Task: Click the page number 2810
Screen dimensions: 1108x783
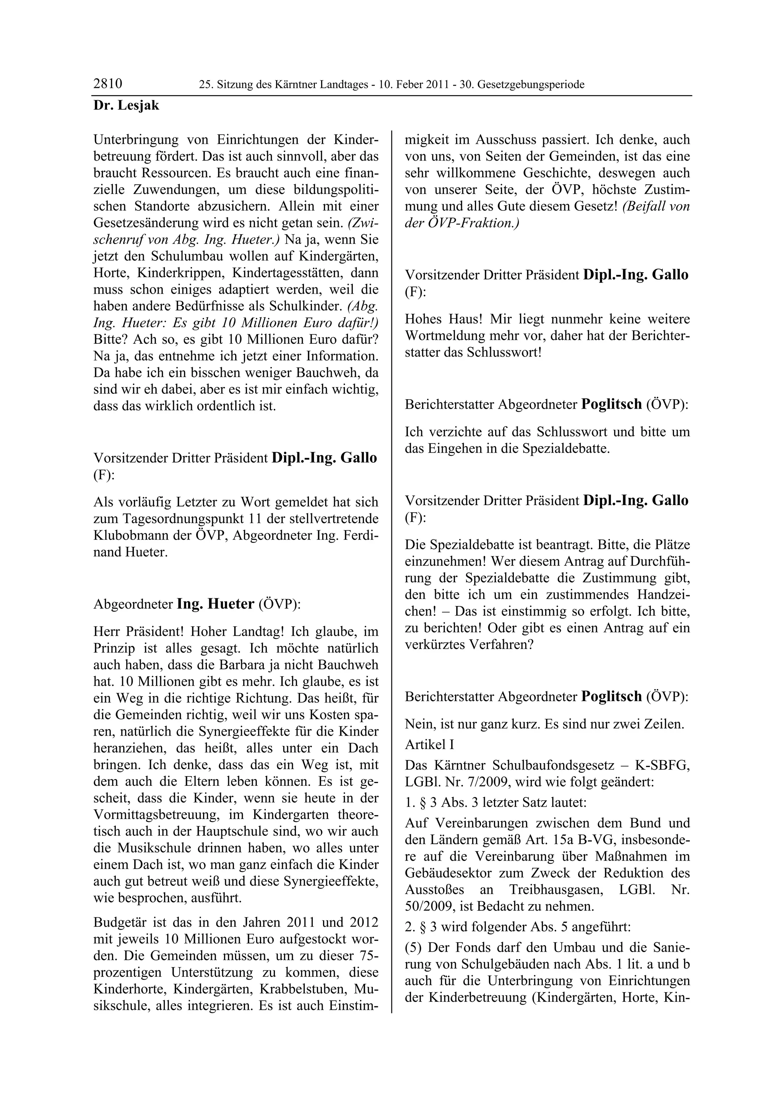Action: point(107,84)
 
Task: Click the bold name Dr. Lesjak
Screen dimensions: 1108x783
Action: point(126,105)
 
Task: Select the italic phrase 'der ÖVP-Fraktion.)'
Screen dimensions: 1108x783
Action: point(462,223)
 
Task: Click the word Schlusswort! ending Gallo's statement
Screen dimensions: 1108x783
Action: point(504,352)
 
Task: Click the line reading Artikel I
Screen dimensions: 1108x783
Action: point(429,745)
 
